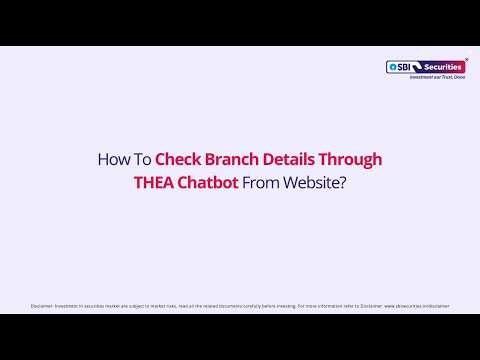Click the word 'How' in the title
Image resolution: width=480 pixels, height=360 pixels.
pyautogui.click(x=110, y=159)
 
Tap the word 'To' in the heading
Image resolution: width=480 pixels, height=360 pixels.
pyautogui.click(x=140, y=159)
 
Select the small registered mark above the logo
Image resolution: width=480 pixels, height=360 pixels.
pyautogui.click(x=467, y=59)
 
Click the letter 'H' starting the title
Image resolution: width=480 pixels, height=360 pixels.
pyautogui.click(x=102, y=159)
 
